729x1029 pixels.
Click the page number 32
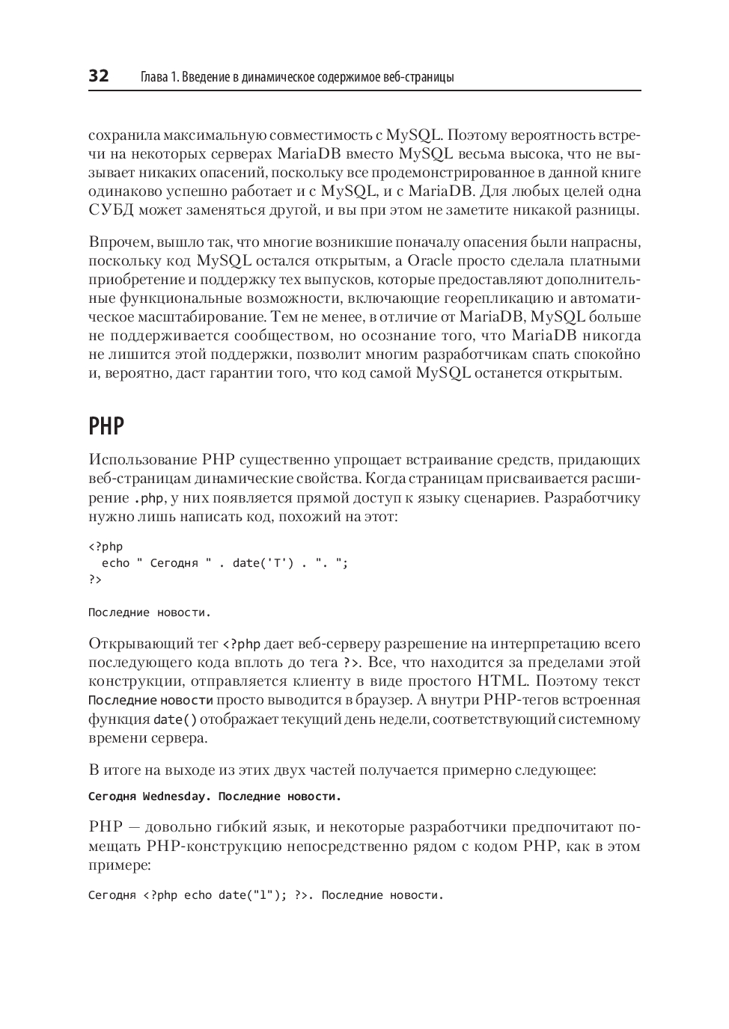pos(99,76)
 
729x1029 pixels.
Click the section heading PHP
pos(106,426)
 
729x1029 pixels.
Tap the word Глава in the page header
pos(154,77)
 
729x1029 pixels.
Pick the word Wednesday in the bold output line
pos(174,796)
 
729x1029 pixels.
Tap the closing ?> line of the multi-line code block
pos(95,580)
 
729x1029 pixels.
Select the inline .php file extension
pos(148,499)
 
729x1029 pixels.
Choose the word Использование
pos(141,459)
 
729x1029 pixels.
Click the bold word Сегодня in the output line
pos(112,796)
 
